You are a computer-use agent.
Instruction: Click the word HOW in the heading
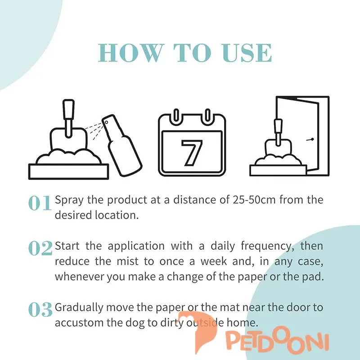pyautogui.click(x=130, y=53)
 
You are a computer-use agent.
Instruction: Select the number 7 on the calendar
pyautogui.click(x=192, y=153)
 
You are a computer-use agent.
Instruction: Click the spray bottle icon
pyautogui.click(x=121, y=145)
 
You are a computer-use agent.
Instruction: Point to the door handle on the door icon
pyautogui.click(x=310, y=139)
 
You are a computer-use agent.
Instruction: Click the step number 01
pyautogui.click(x=40, y=203)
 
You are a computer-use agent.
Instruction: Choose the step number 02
pyautogui.click(x=40, y=248)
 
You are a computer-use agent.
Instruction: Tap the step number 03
pyautogui.click(x=40, y=310)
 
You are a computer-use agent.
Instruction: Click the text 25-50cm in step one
pyautogui.click(x=254, y=200)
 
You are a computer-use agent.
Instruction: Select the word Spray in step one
pyautogui.click(x=69, y=200)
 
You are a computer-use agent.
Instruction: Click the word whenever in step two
pyautogui.click(x=79, y=277)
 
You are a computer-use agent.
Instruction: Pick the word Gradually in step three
pyautogui.click(x=79, y=308)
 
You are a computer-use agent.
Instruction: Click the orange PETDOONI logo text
pyautogui.click(x=277, y=342)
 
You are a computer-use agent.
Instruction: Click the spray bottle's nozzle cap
pyautogui.click(x=108, y=121)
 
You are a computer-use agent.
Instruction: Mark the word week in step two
pyautogui.click(x=214, y=261)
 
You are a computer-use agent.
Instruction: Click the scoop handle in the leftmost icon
pyautogui.click(x=69, y=118)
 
